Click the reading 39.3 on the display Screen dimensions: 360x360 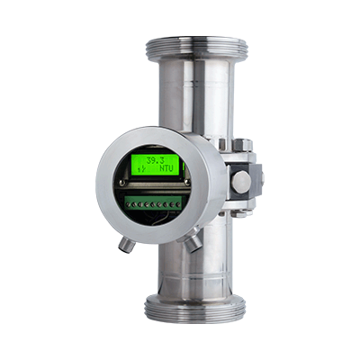[x=145, y=158]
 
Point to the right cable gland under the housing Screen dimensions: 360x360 [x=193, y=242]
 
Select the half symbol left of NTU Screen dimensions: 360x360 [x=139, y=168]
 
